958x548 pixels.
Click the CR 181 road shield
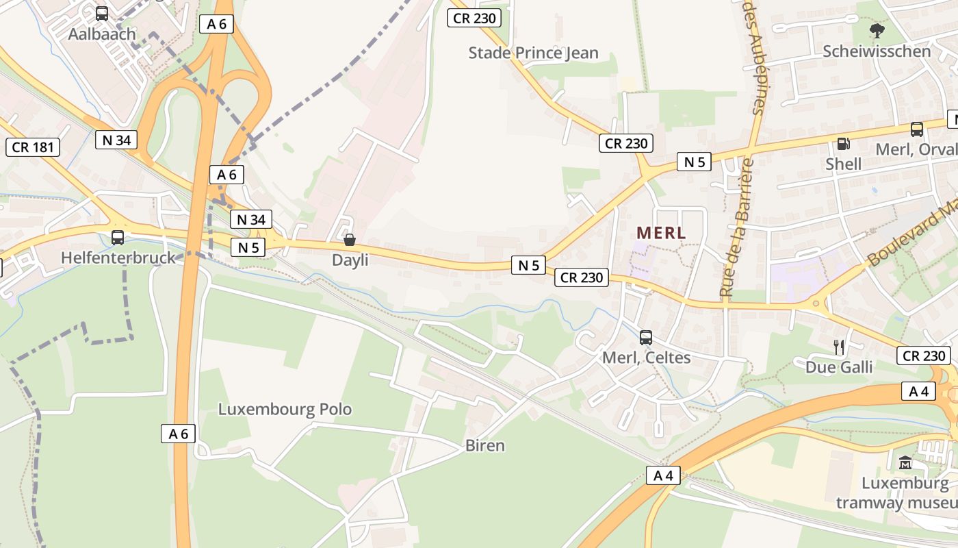(33, 147)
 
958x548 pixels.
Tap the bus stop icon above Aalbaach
(102, 13)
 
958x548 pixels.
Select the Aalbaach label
(102, 34)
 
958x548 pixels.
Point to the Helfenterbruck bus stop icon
(118, 238)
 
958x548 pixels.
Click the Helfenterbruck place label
(118, 258)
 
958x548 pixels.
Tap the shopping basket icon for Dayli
(350, 240)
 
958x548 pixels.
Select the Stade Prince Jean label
(533, 53)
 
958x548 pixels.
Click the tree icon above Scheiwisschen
(876, 30)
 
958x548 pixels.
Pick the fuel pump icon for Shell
(843, 144)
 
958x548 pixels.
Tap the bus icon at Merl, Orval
(916, 129)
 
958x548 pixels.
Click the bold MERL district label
(660, 233)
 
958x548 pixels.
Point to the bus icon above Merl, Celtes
(646, 337)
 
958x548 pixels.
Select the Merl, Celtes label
(646, 358)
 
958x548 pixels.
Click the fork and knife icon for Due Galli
(839, 347)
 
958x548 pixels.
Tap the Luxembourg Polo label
(285, 410)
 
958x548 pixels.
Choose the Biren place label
(484, 445)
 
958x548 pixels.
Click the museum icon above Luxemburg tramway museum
(905, 463)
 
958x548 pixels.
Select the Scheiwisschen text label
(877, 51)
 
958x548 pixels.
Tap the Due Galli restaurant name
(839, 367)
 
